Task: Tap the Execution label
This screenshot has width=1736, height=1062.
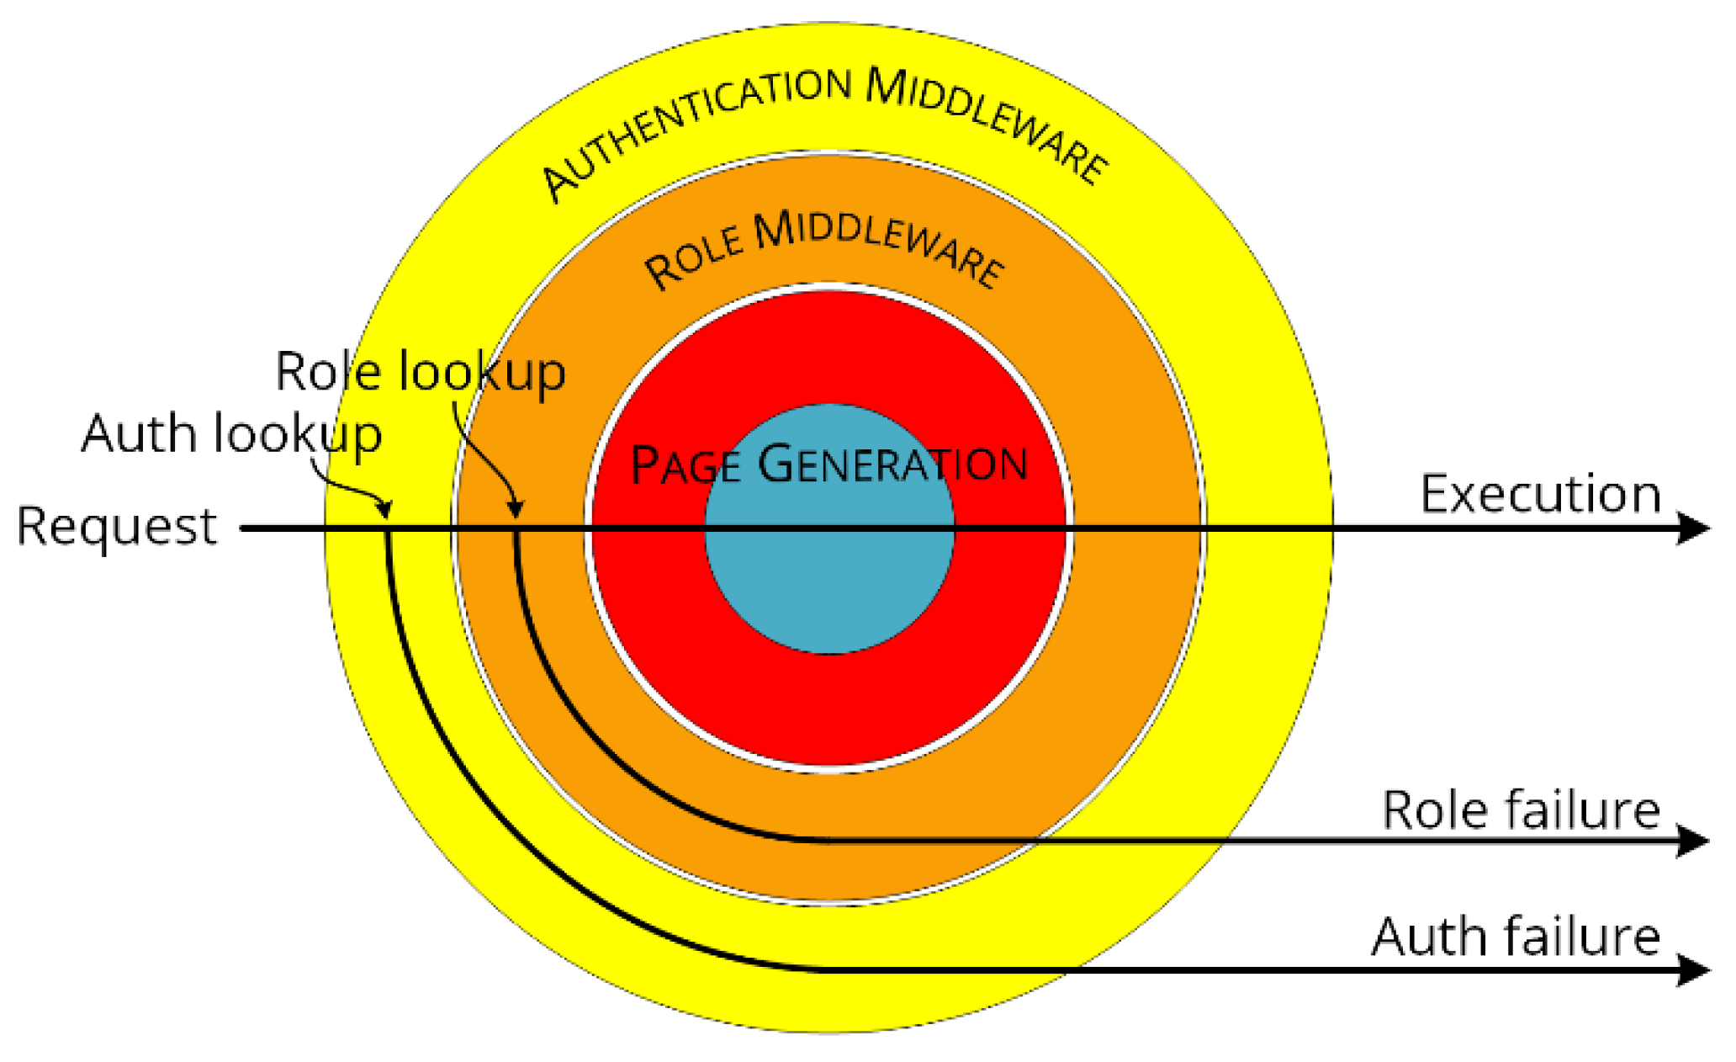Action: (x=1540, y=494)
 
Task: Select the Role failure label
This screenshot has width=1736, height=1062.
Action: (x=1521, y=810)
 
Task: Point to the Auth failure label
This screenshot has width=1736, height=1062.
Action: (x=1516, y=937)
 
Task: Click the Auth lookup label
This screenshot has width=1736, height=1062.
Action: (x=231, y=435)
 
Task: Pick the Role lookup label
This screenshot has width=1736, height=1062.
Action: (x=421, y=372)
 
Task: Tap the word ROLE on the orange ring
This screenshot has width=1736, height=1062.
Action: (x=695, y=258)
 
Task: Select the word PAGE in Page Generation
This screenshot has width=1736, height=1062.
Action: (x=685, y=465)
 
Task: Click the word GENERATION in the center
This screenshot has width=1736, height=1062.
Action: (x=892, y=464)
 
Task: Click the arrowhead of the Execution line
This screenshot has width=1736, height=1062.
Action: (x=1692, y=528)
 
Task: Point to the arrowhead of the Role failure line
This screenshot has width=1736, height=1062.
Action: (x=1692, y=840)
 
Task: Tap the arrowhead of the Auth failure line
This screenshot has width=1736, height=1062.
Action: (x=1692, y=970)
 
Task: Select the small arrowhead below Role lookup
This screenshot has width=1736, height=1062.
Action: (x=516, y=509)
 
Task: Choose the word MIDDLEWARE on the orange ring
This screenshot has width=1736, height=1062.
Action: (x=879, y=244)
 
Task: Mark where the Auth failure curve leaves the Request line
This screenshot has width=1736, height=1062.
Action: (x=387, y=530)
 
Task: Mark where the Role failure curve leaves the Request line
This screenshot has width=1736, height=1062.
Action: (x=516, y=530)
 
